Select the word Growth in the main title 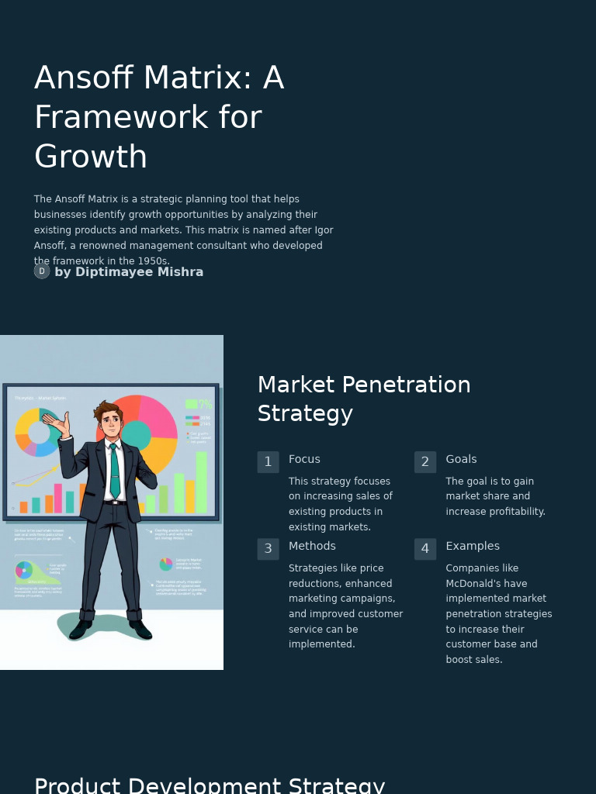pos(91,157)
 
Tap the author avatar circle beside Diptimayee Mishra pos(42,271)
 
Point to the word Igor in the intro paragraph pos(324,230)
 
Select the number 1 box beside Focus pos(268,462)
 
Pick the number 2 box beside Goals pos(425,462)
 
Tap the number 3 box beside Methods pos(268,549)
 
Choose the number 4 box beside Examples pos(425,549)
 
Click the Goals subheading pos(461,459)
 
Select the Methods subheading pos(312,546)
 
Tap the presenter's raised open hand pos(56,420)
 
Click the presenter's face pos(111,423)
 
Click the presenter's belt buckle pos(116,502)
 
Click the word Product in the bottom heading pos(78,785)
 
